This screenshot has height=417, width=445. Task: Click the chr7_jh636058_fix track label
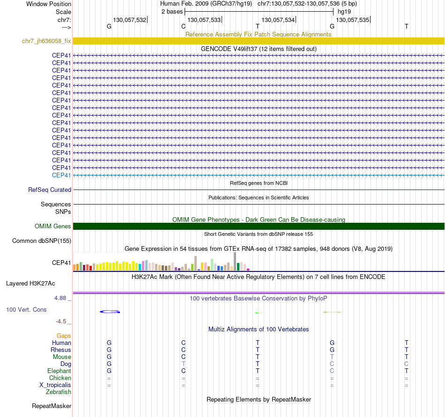[46, 41]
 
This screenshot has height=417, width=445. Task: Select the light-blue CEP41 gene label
[61, 175]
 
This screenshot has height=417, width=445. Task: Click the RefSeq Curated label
[50, 190]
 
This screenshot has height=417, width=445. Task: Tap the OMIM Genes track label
[53, 227]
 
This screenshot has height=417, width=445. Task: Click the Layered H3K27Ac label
[30, 284]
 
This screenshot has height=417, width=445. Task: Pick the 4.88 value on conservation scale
[62, 298]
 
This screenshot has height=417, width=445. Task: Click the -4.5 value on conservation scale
[63, 322]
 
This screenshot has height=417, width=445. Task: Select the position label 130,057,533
[204, 20]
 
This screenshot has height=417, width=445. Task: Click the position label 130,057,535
[353, 20]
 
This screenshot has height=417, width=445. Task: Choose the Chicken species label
[60, 378]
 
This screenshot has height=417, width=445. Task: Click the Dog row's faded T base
[184, 364]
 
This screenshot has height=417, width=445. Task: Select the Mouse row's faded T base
[332, 357]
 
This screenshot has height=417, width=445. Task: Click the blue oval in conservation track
[110, 312]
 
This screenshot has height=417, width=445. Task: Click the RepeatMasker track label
[51, 406]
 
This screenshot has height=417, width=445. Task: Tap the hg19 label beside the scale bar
[344, 11]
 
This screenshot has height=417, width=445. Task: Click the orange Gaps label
[64, 336]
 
